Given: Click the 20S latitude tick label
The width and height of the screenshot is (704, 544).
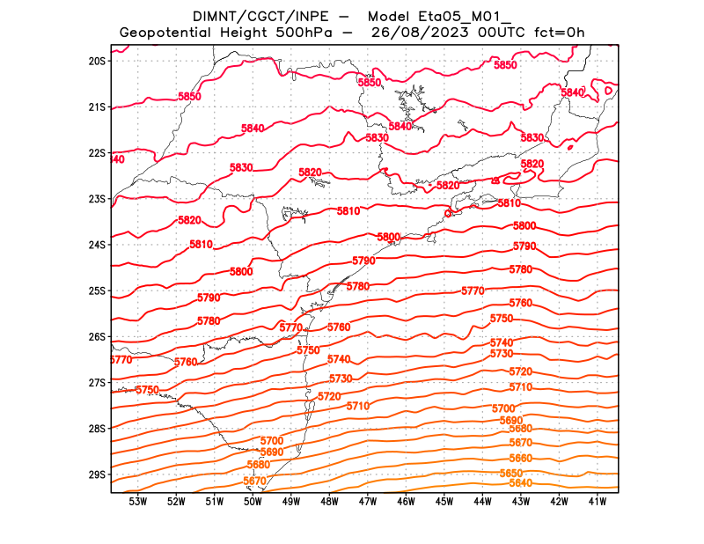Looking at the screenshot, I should pyautogui.click(x=97, y=61).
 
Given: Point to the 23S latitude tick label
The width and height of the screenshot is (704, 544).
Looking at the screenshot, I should pyautogui.click(x=97, y=199).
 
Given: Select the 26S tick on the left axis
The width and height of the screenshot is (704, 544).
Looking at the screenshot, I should pyautogui.click(x=97, y=336).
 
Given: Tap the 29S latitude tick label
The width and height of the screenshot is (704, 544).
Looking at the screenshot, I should pyautogui.click(x=97, y=474).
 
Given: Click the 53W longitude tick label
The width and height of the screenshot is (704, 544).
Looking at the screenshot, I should pyautogui.click(x=137, y=502).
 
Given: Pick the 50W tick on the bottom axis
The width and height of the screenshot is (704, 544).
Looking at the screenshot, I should pyautogui.click(x=253, y=502).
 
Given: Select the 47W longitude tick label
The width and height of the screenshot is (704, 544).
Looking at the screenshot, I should pyautogui.click(x=368, y=502).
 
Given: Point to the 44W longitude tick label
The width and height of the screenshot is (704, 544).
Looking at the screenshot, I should pyautogui.click(x=482, y=502).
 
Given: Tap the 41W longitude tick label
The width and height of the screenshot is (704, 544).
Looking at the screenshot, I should pyautogui.click(x=597, y=502).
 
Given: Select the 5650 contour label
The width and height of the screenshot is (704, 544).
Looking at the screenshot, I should pyautogui.click(x=511, y=473).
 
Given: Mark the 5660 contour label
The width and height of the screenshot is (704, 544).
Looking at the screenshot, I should pyautogui.click(x=521, y=459).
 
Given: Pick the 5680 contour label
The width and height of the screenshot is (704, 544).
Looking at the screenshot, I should pyautogui.click(x=259, y=464).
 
